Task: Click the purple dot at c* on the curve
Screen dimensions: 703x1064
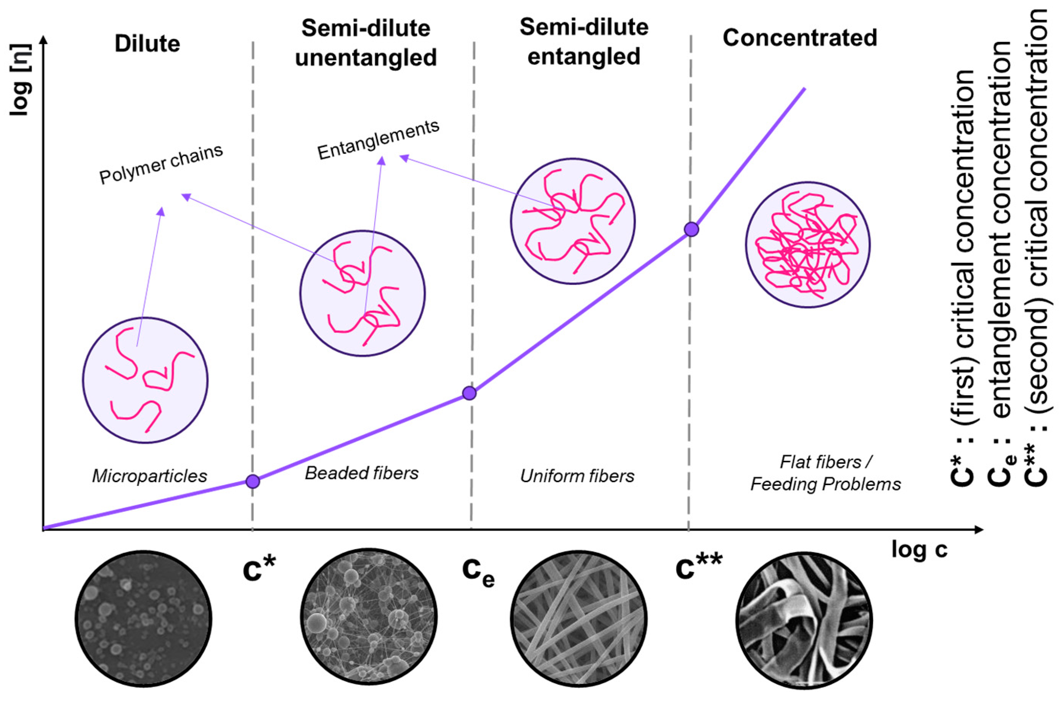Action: click(253, 481)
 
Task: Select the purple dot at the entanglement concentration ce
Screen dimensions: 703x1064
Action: click(469, 393)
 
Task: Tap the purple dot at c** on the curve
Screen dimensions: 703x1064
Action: click(692, 230)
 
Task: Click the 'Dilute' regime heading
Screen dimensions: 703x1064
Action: click(147, 44)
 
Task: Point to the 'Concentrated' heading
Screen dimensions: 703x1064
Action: click(800, 38)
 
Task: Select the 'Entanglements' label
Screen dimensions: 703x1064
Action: click(378, 140)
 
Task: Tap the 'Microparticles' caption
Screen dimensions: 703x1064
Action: click(149, 476)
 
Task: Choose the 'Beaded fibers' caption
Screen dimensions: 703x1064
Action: click(362, 473)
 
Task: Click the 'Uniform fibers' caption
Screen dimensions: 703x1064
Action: click(577, 476)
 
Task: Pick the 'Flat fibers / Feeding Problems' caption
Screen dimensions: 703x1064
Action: click(826, 473)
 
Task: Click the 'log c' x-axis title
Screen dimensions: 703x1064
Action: click(919, 550)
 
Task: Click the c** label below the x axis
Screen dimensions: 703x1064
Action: click(699, 567)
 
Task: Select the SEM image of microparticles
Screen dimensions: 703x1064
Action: click(144, 619)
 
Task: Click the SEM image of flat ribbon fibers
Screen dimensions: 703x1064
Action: click(804, 620)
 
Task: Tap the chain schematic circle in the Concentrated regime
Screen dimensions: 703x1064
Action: click(808, 245)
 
